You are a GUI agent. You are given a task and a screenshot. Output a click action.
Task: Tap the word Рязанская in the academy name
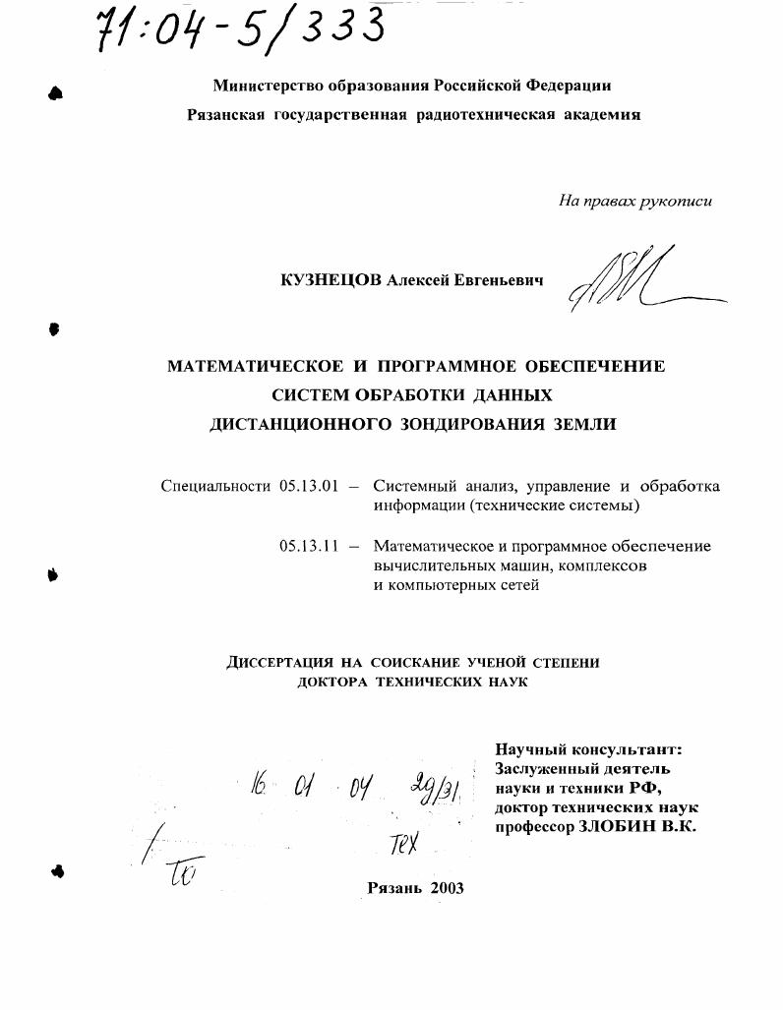click(x=226, y=115)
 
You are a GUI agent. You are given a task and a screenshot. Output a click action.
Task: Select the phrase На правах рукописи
click(x=634, y=202)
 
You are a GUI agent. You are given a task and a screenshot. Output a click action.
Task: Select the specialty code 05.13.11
click(x=309, y=547)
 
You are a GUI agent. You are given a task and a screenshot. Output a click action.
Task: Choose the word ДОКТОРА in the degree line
click(x=332, y=682)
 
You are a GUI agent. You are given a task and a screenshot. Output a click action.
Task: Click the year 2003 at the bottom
click(x=446, y=887)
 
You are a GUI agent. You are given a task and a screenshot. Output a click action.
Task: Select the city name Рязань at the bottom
click(x=394, y=887)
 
